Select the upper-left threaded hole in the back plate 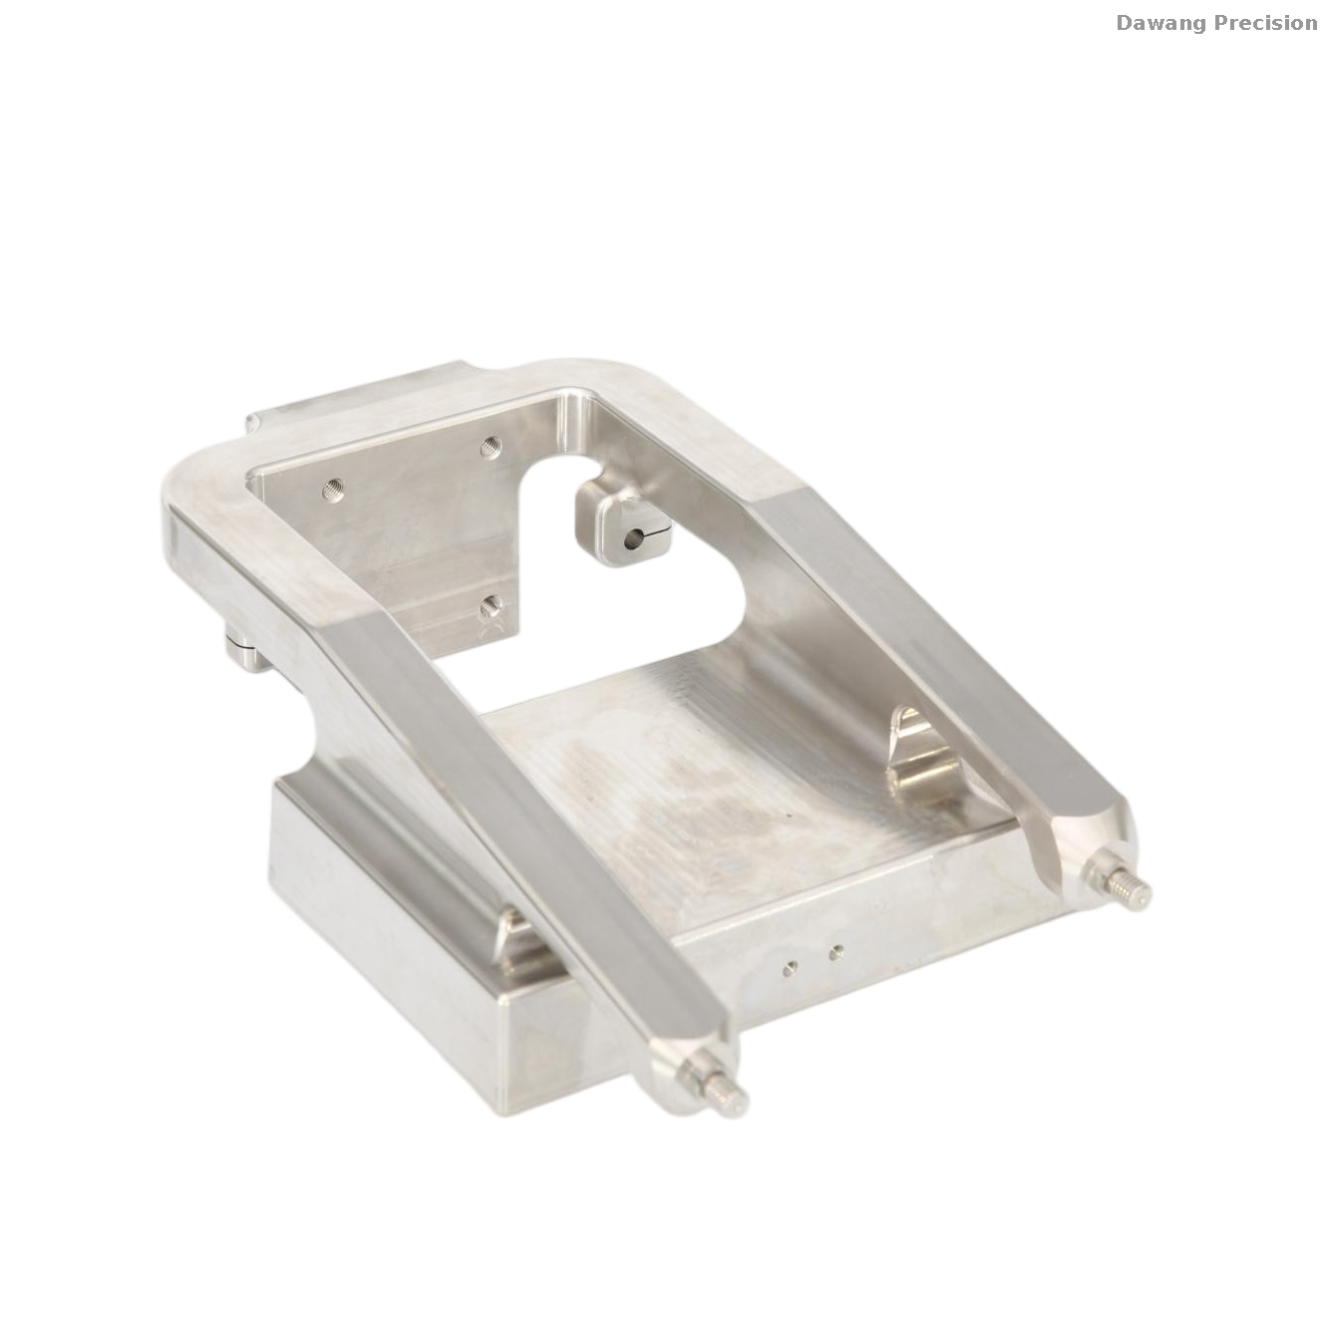tap(333, 491)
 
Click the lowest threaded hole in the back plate tap(491, 606)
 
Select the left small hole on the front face tap(789, 967)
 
